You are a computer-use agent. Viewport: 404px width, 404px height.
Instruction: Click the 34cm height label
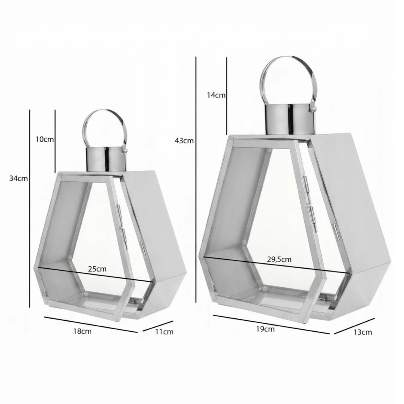[x=19, y=178]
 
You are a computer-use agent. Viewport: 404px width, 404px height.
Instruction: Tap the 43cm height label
[x=184, y=141]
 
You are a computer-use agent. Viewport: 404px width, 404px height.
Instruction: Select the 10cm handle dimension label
[x=44, y=139]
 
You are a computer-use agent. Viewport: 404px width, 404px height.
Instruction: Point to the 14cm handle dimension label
[x=216, y=95]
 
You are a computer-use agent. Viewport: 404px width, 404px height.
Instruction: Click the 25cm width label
[x=97, y=269]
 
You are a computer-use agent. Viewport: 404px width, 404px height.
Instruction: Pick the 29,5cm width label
[x=279, y=259]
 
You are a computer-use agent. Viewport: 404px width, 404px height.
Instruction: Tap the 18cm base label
[x=82, y=331]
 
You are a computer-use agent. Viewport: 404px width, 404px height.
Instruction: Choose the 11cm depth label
[x=164, y=332]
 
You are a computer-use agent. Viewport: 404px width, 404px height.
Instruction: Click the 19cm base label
[x=265, y=329]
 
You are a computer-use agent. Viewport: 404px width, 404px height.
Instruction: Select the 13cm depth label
[x=362, y=332]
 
